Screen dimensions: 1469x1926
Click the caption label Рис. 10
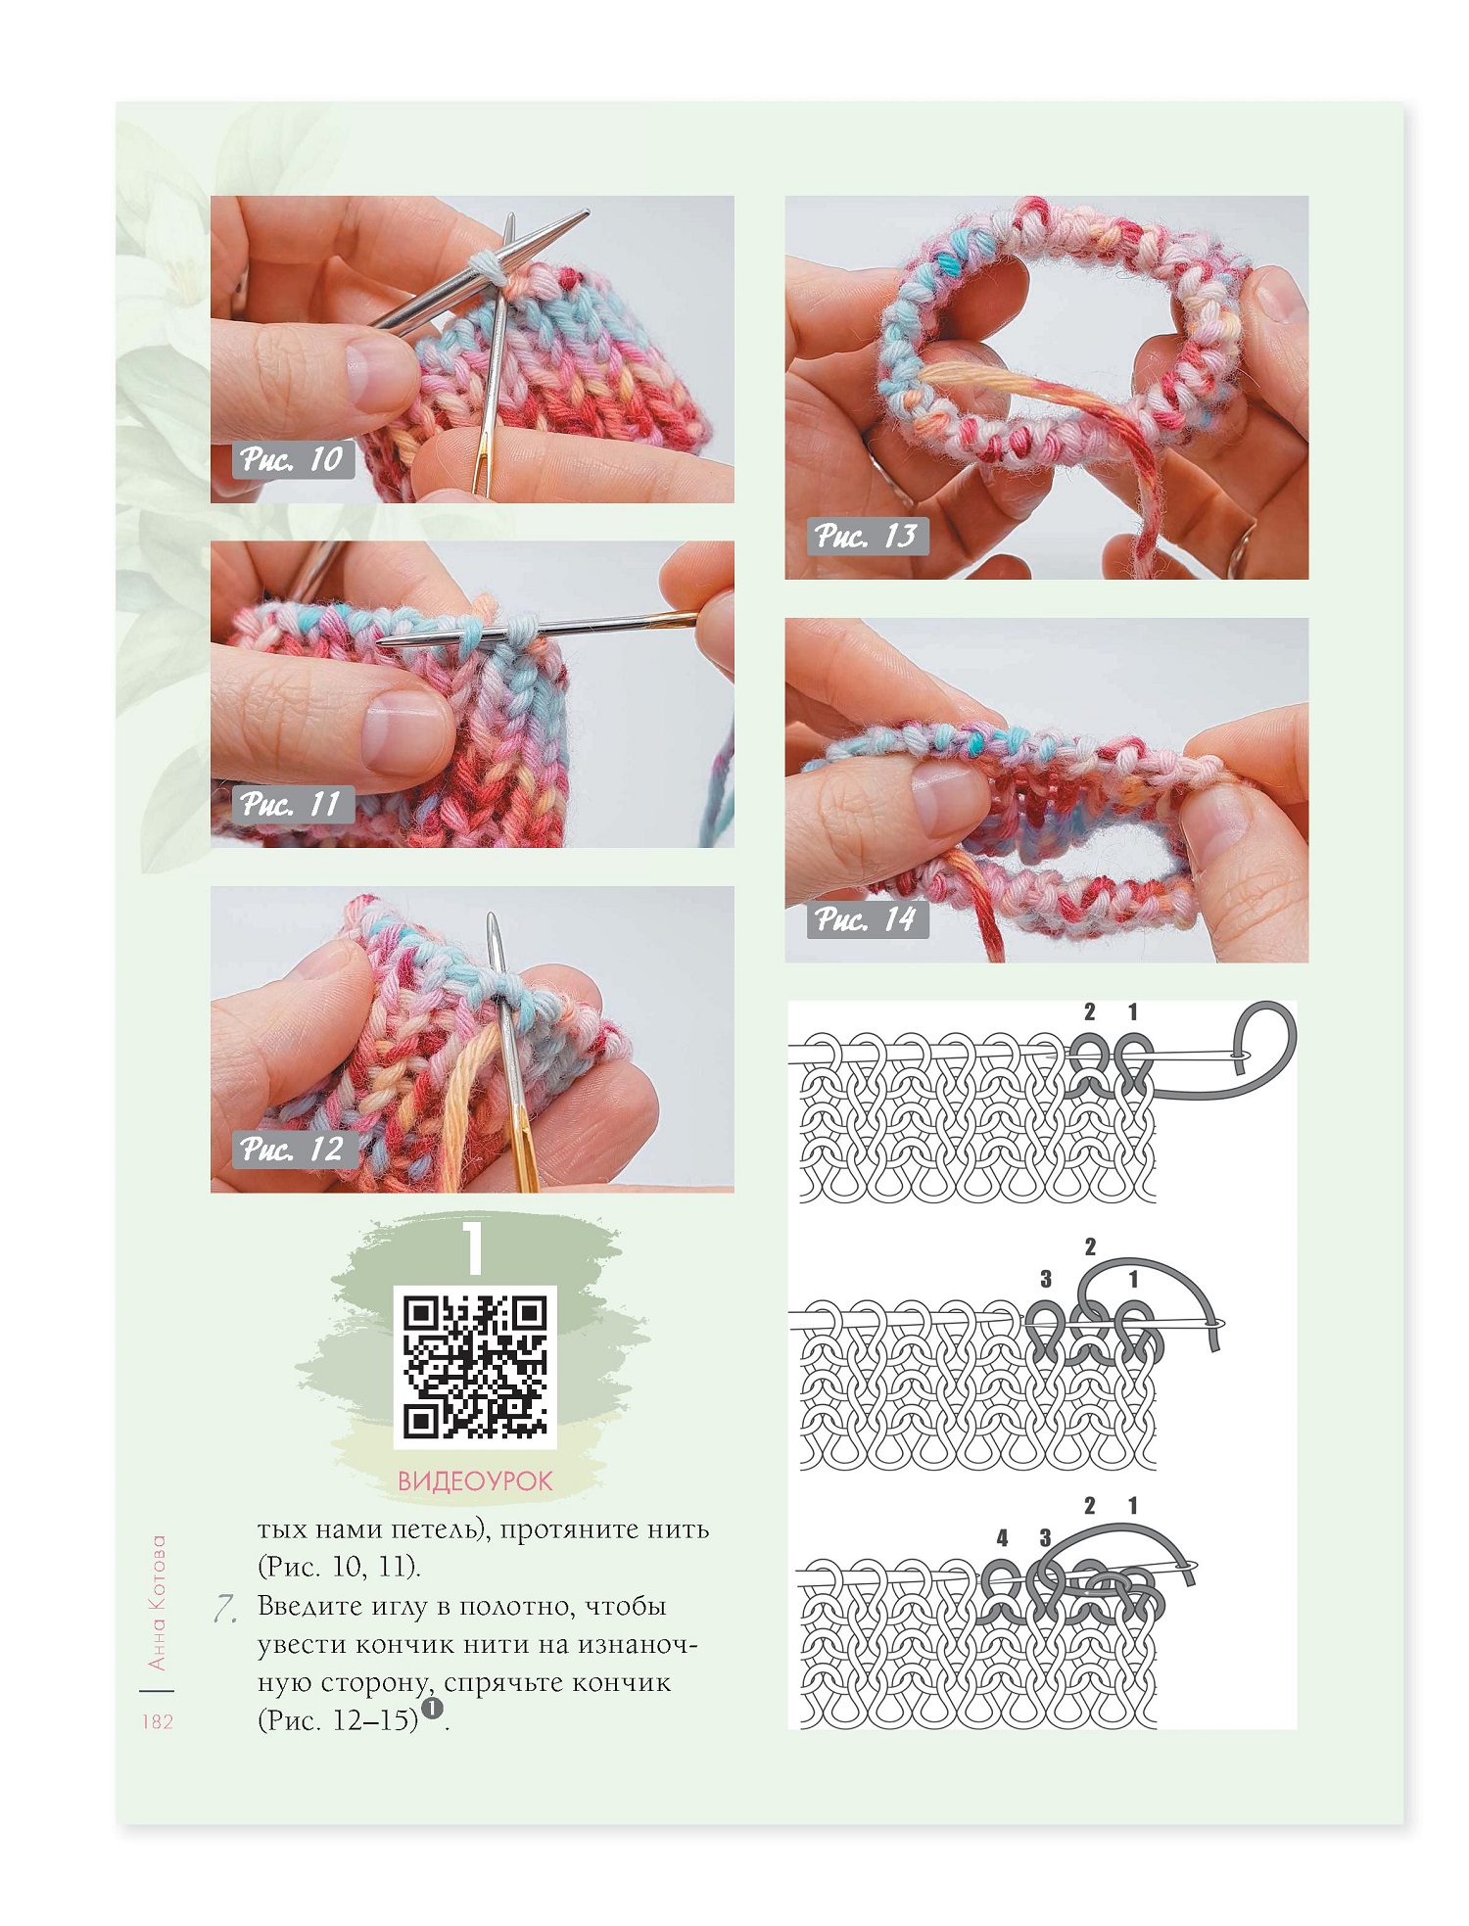291,459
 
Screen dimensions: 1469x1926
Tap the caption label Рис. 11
291,804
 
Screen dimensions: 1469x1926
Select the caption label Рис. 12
291,1149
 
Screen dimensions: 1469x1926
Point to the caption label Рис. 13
867,536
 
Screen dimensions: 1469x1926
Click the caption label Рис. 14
867,918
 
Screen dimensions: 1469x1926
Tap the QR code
475,1367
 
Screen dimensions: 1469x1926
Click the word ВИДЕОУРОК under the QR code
475,1480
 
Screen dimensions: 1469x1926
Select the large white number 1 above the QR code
475,1246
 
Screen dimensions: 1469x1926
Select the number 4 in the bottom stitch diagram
1002,1538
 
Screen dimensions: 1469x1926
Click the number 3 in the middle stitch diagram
1046,1279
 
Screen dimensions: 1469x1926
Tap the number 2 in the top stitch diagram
1090,1012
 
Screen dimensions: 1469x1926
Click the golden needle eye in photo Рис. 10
482,460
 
